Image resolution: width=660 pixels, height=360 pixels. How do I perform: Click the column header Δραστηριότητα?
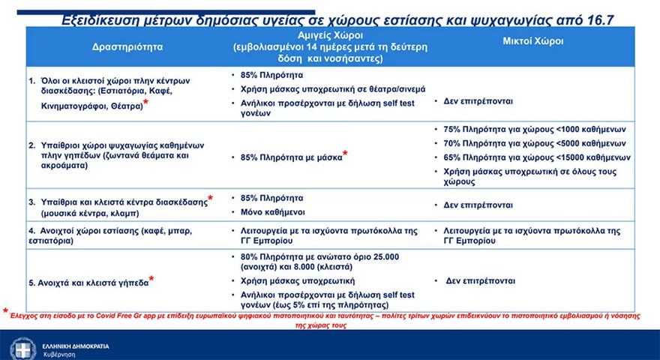coord(127,46)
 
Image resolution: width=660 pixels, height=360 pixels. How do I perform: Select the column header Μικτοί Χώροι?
coord(532,41)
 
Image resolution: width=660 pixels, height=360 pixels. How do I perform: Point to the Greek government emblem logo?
coord(22,349)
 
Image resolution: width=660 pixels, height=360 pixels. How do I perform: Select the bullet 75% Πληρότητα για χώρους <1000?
coord(534,129)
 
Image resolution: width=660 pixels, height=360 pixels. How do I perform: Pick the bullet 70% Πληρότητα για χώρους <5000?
coord(534,143)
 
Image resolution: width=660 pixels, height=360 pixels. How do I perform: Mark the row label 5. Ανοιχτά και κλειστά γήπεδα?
coord(87,283)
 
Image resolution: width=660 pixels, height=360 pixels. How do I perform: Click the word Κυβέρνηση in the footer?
coord(59,353)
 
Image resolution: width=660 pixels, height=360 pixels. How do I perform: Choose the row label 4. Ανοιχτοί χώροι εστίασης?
coord(94,232)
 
